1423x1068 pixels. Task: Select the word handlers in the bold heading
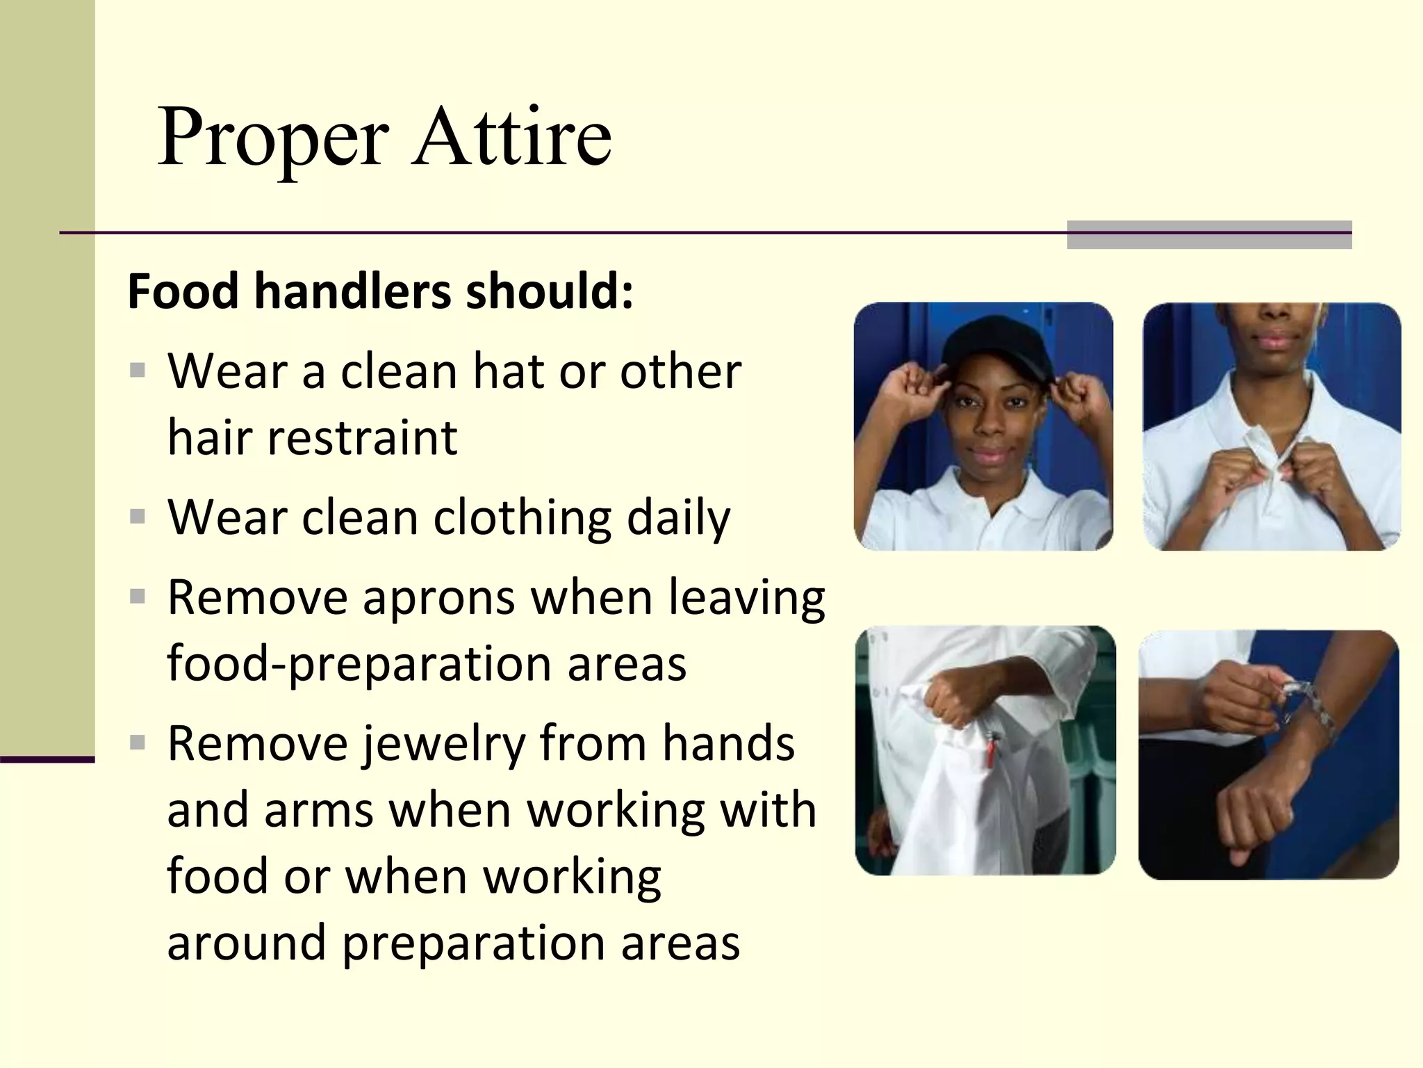tap(352, 291)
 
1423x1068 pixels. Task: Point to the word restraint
tap(362, 438)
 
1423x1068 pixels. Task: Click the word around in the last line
tap(246, 944)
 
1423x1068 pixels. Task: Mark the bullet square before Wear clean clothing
tap(138, 517)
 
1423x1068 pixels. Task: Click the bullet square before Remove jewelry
tap(138, 743)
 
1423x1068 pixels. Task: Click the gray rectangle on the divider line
tap(1209, 234)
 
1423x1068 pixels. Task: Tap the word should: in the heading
tap(550, 291)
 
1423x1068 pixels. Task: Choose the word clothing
tap(523, 519)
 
